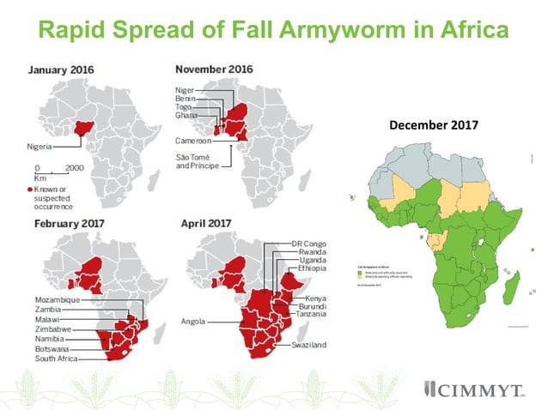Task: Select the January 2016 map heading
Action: point(59,70)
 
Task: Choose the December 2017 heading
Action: point(433,125)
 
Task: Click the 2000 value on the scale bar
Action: point(74,168)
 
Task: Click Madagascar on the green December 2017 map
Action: point(508,280)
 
